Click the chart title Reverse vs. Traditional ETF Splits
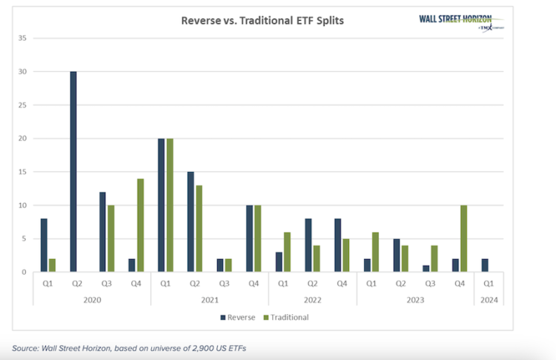coord(262,21)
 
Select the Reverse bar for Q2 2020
coord(73,172)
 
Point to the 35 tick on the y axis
coord(23,38)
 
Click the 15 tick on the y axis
coord(23,172)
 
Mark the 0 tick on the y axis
coord(25,272)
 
